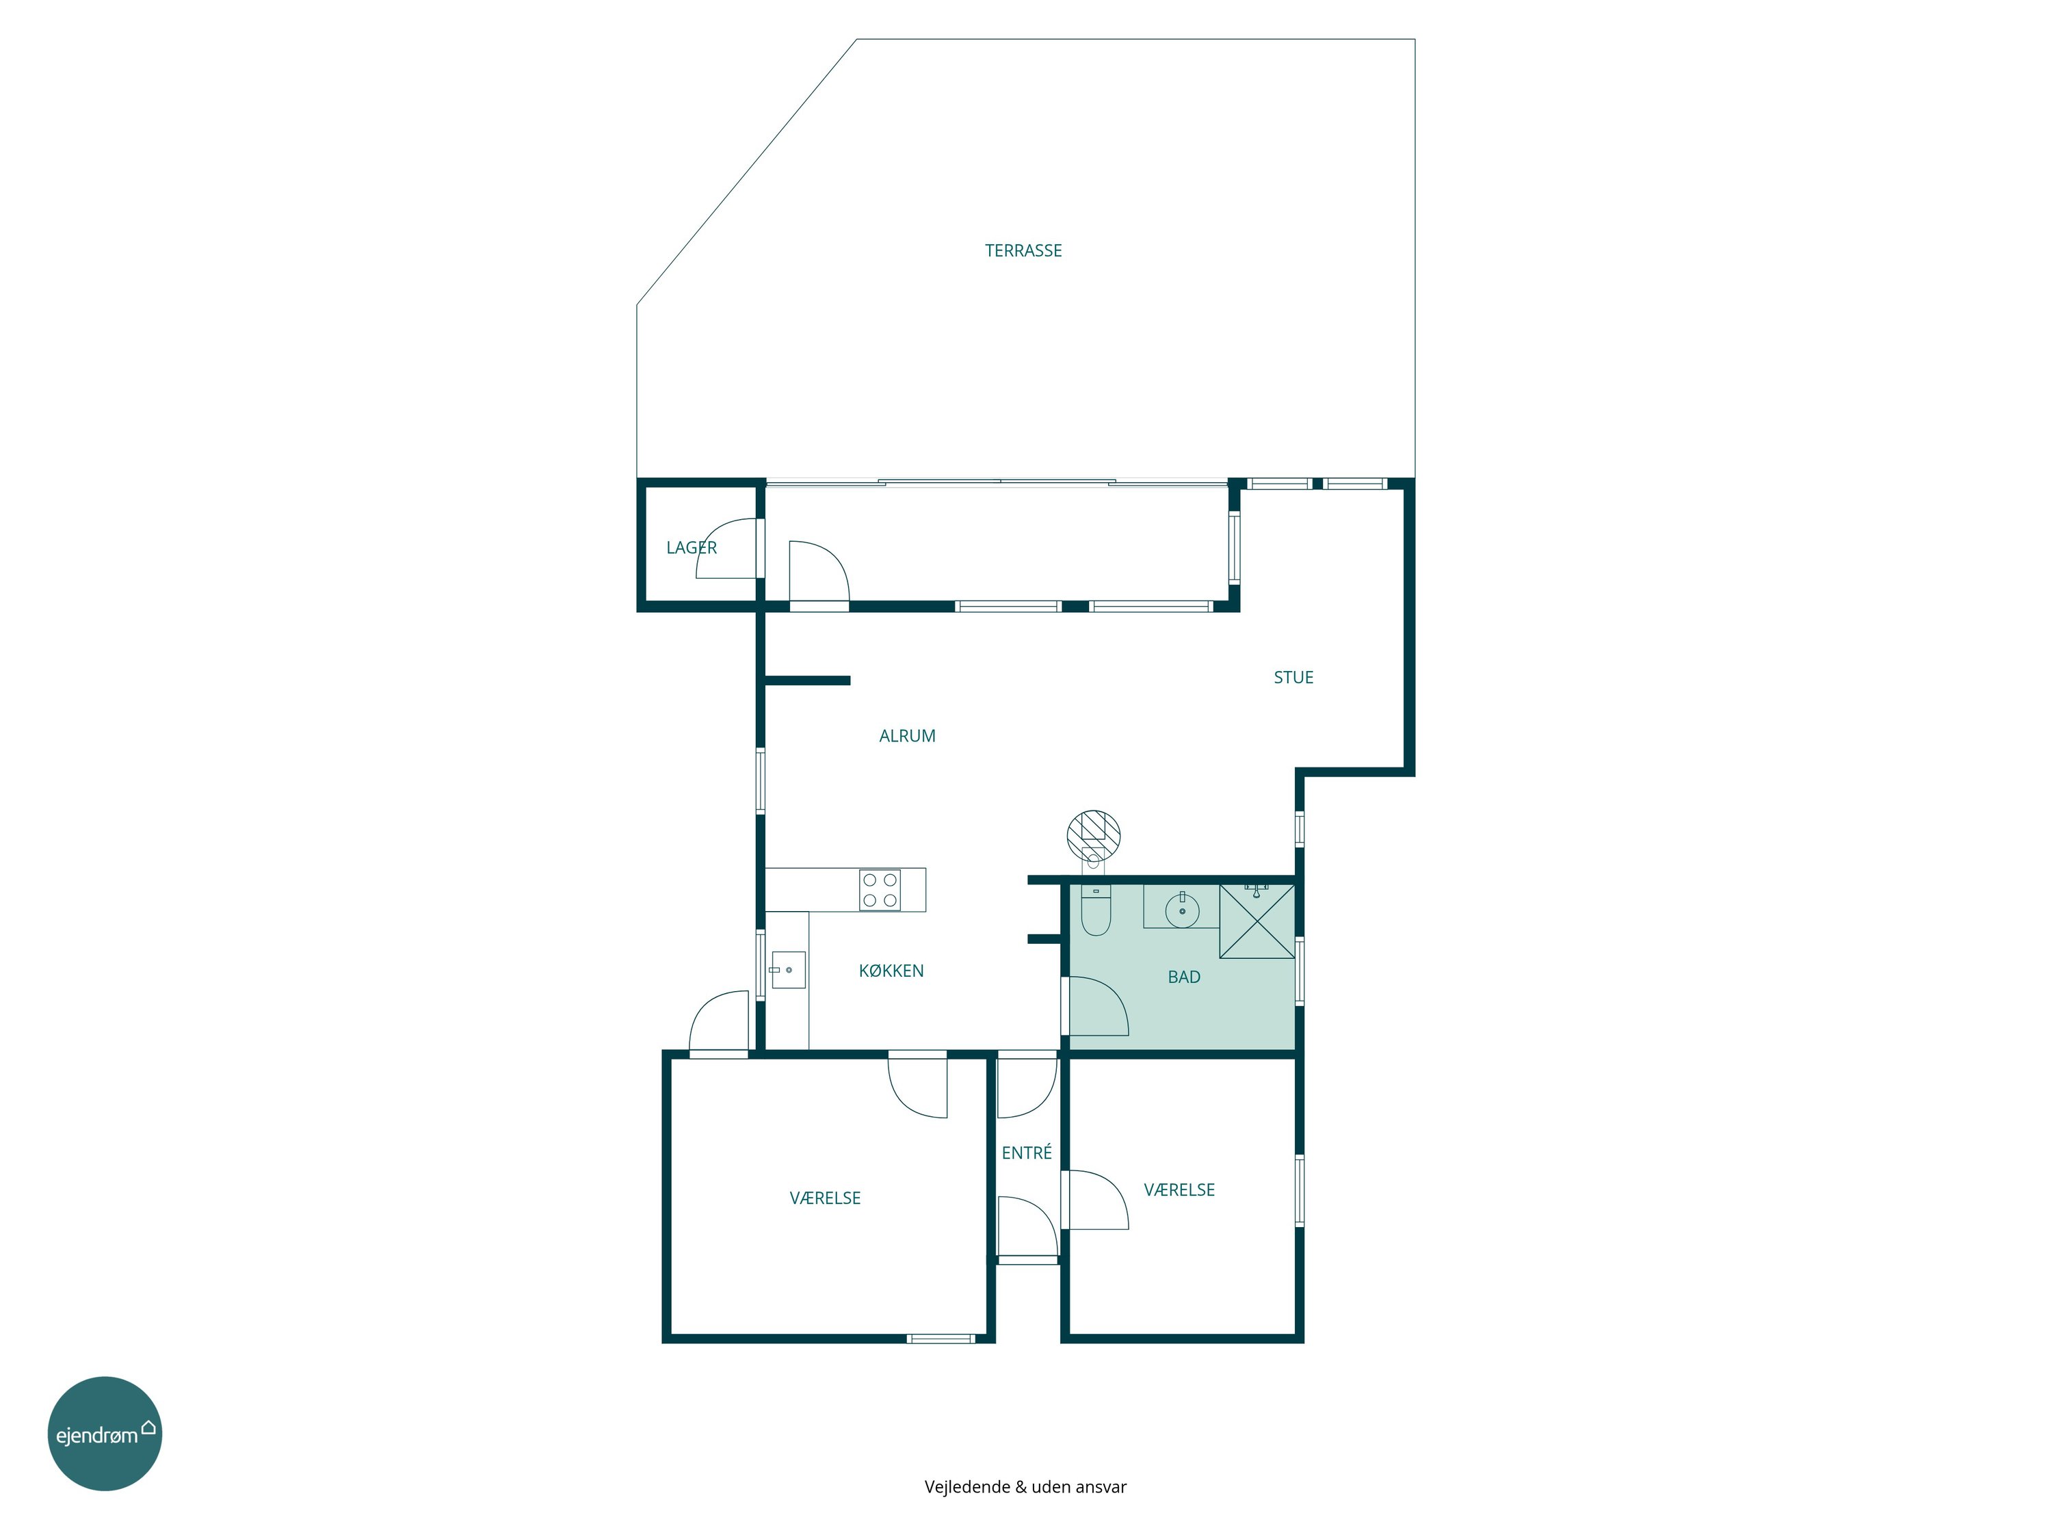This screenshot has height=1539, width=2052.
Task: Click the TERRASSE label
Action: click(x=1023, y=250)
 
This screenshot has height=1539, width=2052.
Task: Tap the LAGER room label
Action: click(x=691, y=547)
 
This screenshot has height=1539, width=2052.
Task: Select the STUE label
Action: click(x=1293, y=677)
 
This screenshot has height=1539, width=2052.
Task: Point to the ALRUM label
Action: click(x=907, y=735)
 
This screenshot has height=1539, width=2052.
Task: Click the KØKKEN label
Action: click(x=891, y=971)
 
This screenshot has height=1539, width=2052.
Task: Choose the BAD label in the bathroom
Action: click(x=1184, y=977)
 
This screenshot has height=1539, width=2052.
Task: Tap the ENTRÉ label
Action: click(x=1027, y=1152)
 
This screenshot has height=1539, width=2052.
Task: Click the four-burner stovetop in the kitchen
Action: click(x=880, y=890)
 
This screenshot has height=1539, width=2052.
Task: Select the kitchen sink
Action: click(x=787, y=969)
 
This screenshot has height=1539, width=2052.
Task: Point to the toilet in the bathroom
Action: click(x=1096, y=910)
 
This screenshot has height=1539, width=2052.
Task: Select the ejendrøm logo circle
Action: click(x=105, y=1433)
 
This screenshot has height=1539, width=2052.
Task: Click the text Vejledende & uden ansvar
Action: click(x=1025, y=1486)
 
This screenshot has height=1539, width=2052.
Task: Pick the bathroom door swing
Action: click(x=1099, y=1005)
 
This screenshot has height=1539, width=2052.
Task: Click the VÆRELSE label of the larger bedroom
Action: click(x=825, y=1198)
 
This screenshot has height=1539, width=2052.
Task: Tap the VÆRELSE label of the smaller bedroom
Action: click(x=1179, y=1189)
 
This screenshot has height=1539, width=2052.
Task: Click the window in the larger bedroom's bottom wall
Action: click(x=940, y=1338)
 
